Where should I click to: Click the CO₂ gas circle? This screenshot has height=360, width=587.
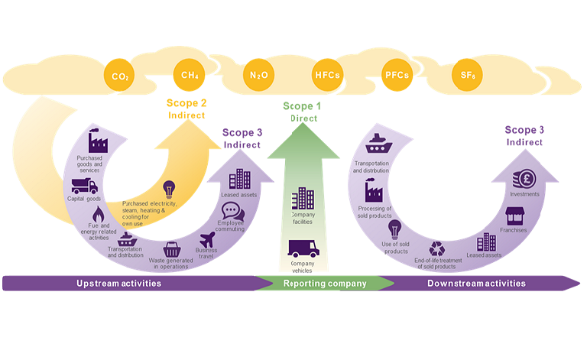point(120,76)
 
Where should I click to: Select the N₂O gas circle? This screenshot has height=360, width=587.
point(258,76)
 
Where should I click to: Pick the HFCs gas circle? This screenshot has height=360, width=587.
point(327,75)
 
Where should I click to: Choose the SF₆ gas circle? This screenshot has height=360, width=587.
point(468,75)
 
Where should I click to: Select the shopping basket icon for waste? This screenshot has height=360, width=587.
point(172,250)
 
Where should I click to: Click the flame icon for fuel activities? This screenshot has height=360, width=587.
point(97,214)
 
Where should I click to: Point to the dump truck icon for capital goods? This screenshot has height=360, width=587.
point(84,185)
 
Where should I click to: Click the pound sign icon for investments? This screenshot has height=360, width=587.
point(526,179)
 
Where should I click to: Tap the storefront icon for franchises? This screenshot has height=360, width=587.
point(513,216)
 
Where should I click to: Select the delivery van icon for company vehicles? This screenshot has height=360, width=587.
point(303,249)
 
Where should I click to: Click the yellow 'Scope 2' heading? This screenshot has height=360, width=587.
point(187,103)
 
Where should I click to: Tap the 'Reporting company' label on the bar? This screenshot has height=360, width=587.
point(325,284)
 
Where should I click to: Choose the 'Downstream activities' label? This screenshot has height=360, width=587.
point(476,284)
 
